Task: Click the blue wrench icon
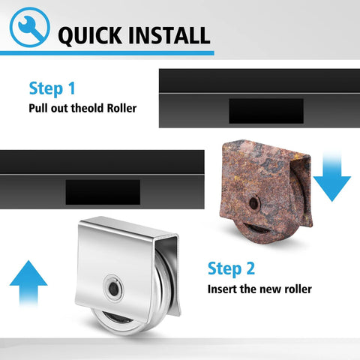[30, 27]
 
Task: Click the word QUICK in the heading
[90, 36]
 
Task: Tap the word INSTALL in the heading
[169, 35]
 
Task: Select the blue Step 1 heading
[52, 88]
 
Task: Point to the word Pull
[37, 108]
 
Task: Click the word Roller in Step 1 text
[121, 108]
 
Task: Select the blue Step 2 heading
[231, 268]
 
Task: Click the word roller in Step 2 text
[298, 289]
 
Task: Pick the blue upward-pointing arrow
[28, 283]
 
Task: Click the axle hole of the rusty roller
[254, 203]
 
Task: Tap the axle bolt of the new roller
[114, 288]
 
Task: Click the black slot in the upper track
[266, 111]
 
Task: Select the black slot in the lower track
[103, 192]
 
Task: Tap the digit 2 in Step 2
[249, 268]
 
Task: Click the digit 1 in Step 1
[71, 88]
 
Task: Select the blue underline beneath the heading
[107, 53]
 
